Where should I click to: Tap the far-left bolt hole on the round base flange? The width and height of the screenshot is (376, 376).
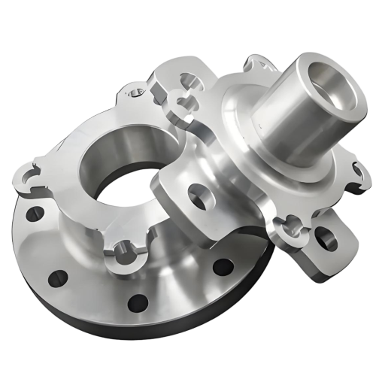(31, 215)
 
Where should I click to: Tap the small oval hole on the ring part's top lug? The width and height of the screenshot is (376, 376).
(135, 94)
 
